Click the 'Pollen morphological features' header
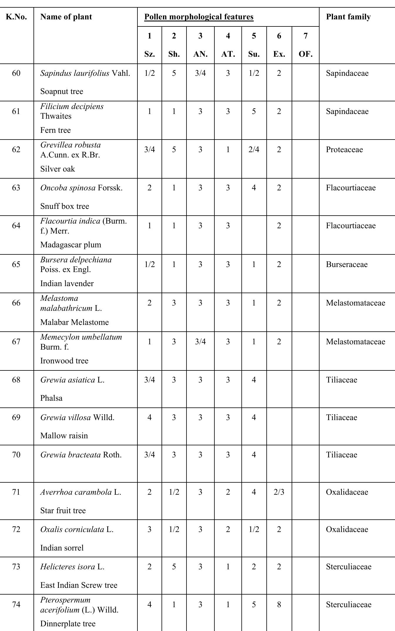tap(199, 17)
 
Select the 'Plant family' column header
tap(348, 17)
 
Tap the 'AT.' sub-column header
tap(228, 54)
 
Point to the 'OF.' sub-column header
tap(305, 54)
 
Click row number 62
tap(16, 150)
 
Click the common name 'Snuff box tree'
tap(65, 206)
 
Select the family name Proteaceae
tap(344, 150)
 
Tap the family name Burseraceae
tap(347, 264)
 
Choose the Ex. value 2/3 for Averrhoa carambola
tap(279, 492)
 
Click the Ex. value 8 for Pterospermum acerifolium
tap(279, 605)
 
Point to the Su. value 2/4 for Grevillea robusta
tap(254, 150)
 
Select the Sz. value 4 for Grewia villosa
tap(149, 417)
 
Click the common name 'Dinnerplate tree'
tap(68, 624)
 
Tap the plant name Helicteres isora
tap(68, 567)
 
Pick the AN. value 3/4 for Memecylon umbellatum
tap(200, 342)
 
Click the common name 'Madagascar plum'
tap(70, 245)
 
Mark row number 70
tap(16, 455)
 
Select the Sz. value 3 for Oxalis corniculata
tap(149, 529)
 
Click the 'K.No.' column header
tap(16, 17)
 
